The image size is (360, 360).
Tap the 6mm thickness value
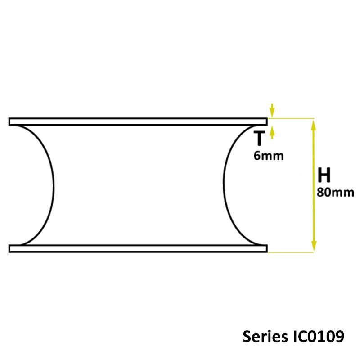click(269, 156)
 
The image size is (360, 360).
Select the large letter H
click(324, 175)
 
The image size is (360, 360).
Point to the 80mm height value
click(335, 192)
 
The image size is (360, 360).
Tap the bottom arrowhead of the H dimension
click(314, 247)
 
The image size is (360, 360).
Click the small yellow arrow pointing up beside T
click(271, 130)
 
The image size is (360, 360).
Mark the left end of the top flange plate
click(10, 121)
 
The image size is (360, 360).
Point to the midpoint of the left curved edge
click(54, 185)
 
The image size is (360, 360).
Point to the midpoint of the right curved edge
click(224, 185)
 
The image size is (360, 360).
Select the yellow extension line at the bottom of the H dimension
click(290, 252)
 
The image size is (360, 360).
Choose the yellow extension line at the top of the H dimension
click(290, 118)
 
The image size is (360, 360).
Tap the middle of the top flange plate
click(138, 121)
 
